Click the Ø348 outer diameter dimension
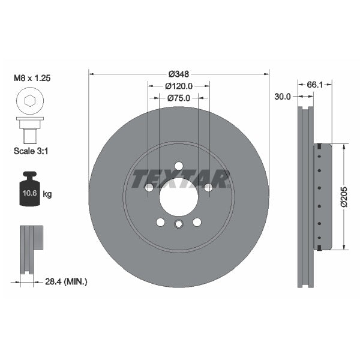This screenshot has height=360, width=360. point(179,74)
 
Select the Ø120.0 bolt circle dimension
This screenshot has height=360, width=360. point(179,86)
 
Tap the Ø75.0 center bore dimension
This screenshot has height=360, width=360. point(179,98)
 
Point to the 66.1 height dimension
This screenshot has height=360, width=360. point(315,85)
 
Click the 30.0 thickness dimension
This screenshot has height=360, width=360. point(283,96)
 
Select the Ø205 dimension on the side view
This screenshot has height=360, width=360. point(344,196)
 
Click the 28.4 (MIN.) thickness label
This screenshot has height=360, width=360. point(66,281)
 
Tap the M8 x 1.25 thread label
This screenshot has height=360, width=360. point(32,78)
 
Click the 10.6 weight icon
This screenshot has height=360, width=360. point(28,192)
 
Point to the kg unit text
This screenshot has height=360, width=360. point(47,194)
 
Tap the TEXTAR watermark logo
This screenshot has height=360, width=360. point(179,178)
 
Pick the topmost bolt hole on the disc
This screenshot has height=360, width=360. point(179,166)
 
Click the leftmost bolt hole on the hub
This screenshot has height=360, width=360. point(149,188)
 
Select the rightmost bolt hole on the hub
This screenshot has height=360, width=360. point(208,188)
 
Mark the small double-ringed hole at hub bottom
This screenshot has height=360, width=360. point(179,225)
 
